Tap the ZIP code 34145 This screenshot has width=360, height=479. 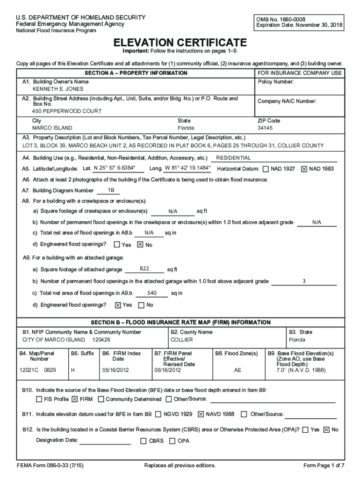tap(265, 128)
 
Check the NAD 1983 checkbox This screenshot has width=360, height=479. tap(304, 169)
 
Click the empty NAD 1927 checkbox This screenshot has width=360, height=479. tap(266, 169)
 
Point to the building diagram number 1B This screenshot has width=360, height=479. tap(111, 190)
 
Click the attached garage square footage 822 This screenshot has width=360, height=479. tap(144, 269)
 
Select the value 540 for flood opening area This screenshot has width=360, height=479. tap(151, 293)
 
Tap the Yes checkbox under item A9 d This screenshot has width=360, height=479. tap(118, 305)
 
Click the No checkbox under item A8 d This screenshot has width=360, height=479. tap(140, 245)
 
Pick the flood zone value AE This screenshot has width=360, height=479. tap(238, 370)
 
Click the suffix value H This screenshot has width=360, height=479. tap(73, 370)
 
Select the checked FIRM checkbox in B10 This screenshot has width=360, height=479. tap(75, 399)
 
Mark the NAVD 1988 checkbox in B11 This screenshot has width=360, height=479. tap(201, 414)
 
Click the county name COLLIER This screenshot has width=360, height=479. tap(181, 340)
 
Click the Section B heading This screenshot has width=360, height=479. tap(180, 322)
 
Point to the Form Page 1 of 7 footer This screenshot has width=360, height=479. tap(324, 465)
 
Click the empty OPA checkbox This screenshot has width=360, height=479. tap(173, 441)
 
